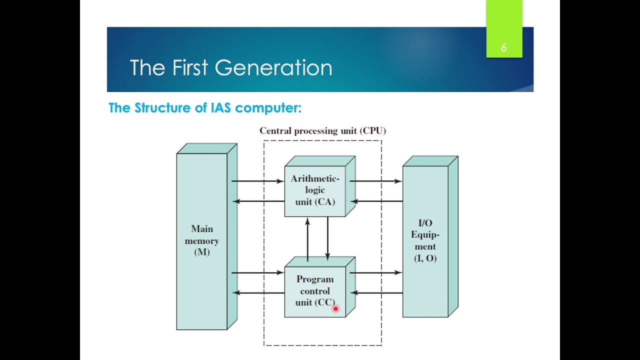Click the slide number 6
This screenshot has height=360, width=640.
click(503, 47)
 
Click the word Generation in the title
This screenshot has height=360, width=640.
click(273, 67)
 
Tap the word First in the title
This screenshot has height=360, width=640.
click(190, 67)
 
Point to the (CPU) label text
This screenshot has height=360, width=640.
click(373, 131)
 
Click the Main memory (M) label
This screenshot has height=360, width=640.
click(202, 240)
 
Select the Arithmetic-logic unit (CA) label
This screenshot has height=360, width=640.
click(315, 190)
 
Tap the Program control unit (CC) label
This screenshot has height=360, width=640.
click(315, 291)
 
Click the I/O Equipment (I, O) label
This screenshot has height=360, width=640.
click(425, 240)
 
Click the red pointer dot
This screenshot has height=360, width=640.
click(335, 308)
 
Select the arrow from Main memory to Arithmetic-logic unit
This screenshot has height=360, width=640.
click(258, 181)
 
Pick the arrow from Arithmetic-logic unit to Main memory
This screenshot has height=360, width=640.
click(258, 201)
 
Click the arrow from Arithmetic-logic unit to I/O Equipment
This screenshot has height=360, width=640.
click(376, 181)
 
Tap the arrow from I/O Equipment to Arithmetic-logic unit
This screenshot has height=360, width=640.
click(376, 201)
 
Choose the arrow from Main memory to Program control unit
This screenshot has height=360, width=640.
click(258, 273)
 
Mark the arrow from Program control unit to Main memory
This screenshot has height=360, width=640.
click(258, 293)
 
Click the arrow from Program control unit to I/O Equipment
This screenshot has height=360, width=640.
click(376, 273)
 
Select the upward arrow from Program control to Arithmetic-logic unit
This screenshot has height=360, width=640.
click(307, 239)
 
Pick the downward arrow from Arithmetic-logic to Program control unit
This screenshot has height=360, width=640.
click(327, 238)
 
